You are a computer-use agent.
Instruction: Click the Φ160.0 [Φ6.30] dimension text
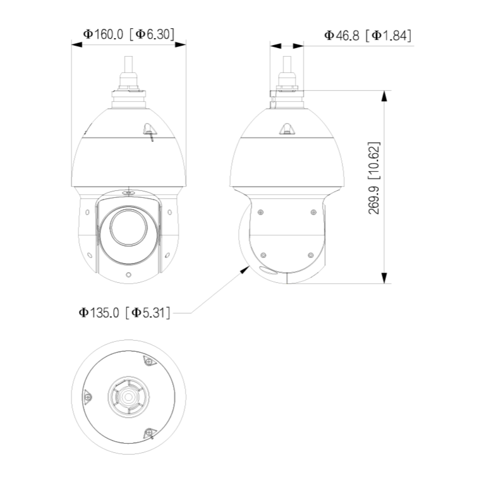128,34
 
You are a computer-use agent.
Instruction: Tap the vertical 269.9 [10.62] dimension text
375,178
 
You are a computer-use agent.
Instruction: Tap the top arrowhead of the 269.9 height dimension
383,95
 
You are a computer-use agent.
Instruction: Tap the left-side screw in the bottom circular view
87,397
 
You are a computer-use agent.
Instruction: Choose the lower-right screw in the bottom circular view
149,433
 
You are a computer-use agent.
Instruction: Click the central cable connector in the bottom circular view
128,396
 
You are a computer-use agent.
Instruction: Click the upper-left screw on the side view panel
260,212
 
